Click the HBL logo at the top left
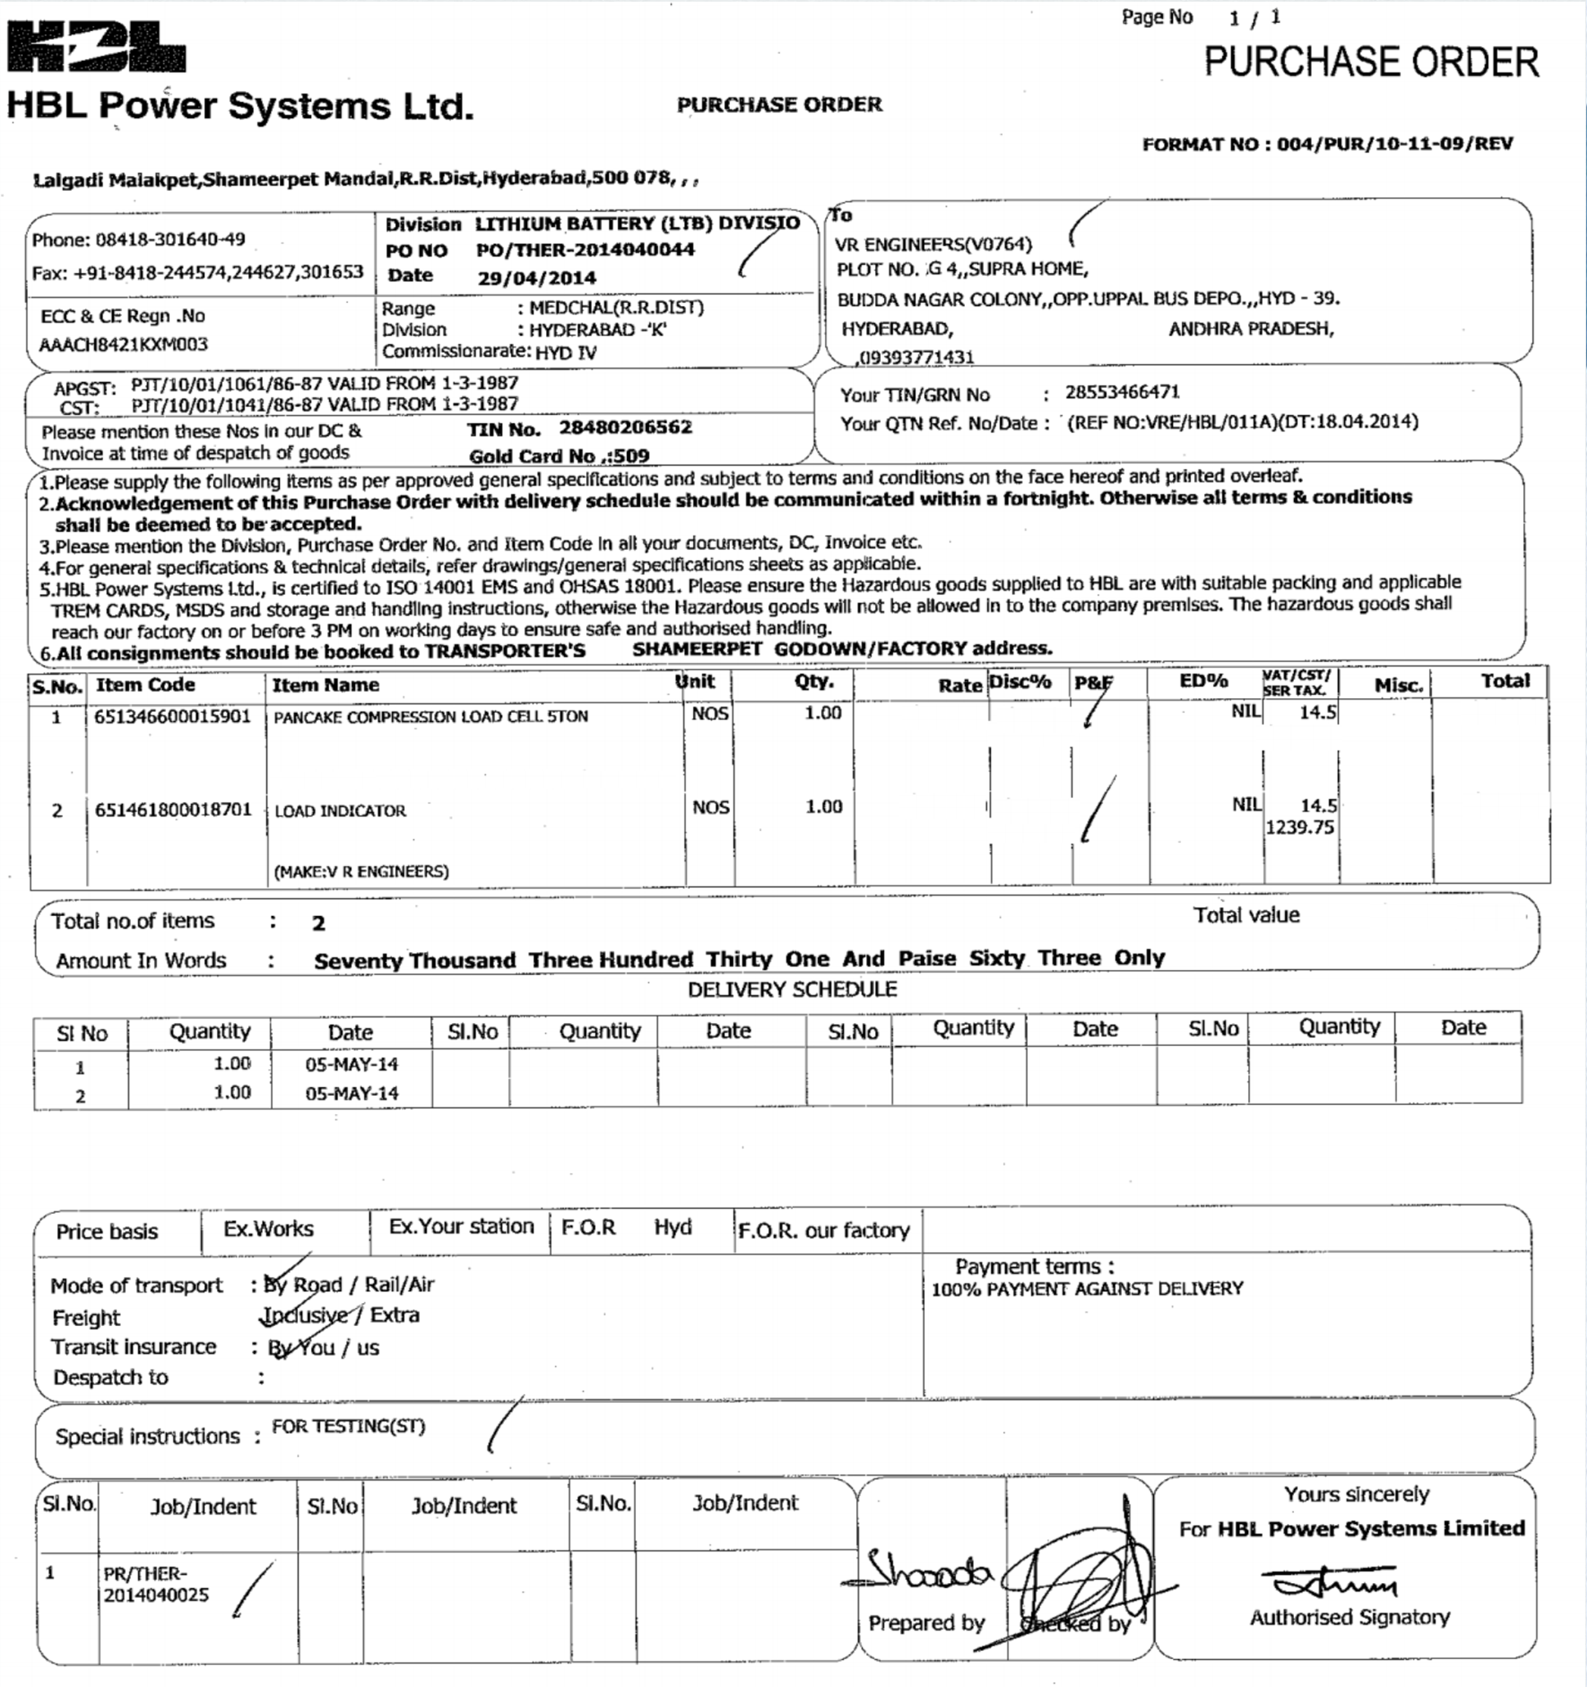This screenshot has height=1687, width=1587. [96, 47]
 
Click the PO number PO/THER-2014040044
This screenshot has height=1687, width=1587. [584, 250]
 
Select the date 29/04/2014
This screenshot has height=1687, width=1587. [536, 277]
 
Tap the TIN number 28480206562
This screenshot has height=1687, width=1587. [624, 428]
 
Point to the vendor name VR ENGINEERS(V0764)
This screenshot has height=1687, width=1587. [933, 245]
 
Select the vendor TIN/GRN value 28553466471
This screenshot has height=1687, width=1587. [1122, 392]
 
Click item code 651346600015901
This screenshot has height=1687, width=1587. [172, 716]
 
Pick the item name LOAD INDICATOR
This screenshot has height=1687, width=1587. [340, 810]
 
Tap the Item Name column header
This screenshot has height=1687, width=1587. [325, 685]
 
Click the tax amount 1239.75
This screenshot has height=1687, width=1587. [1299, 828]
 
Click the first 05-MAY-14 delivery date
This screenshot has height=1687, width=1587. [351, 1064]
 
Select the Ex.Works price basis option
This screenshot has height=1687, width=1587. [268, 1229]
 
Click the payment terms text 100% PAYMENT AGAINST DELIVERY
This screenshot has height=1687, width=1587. [1087, 1289]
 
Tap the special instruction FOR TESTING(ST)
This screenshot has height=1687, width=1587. [348, 1427]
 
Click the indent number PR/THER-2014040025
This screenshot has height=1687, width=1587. [156, 1585]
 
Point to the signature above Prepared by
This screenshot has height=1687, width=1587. [926, 1575]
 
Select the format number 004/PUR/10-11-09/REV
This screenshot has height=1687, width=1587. [1395, 144]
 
